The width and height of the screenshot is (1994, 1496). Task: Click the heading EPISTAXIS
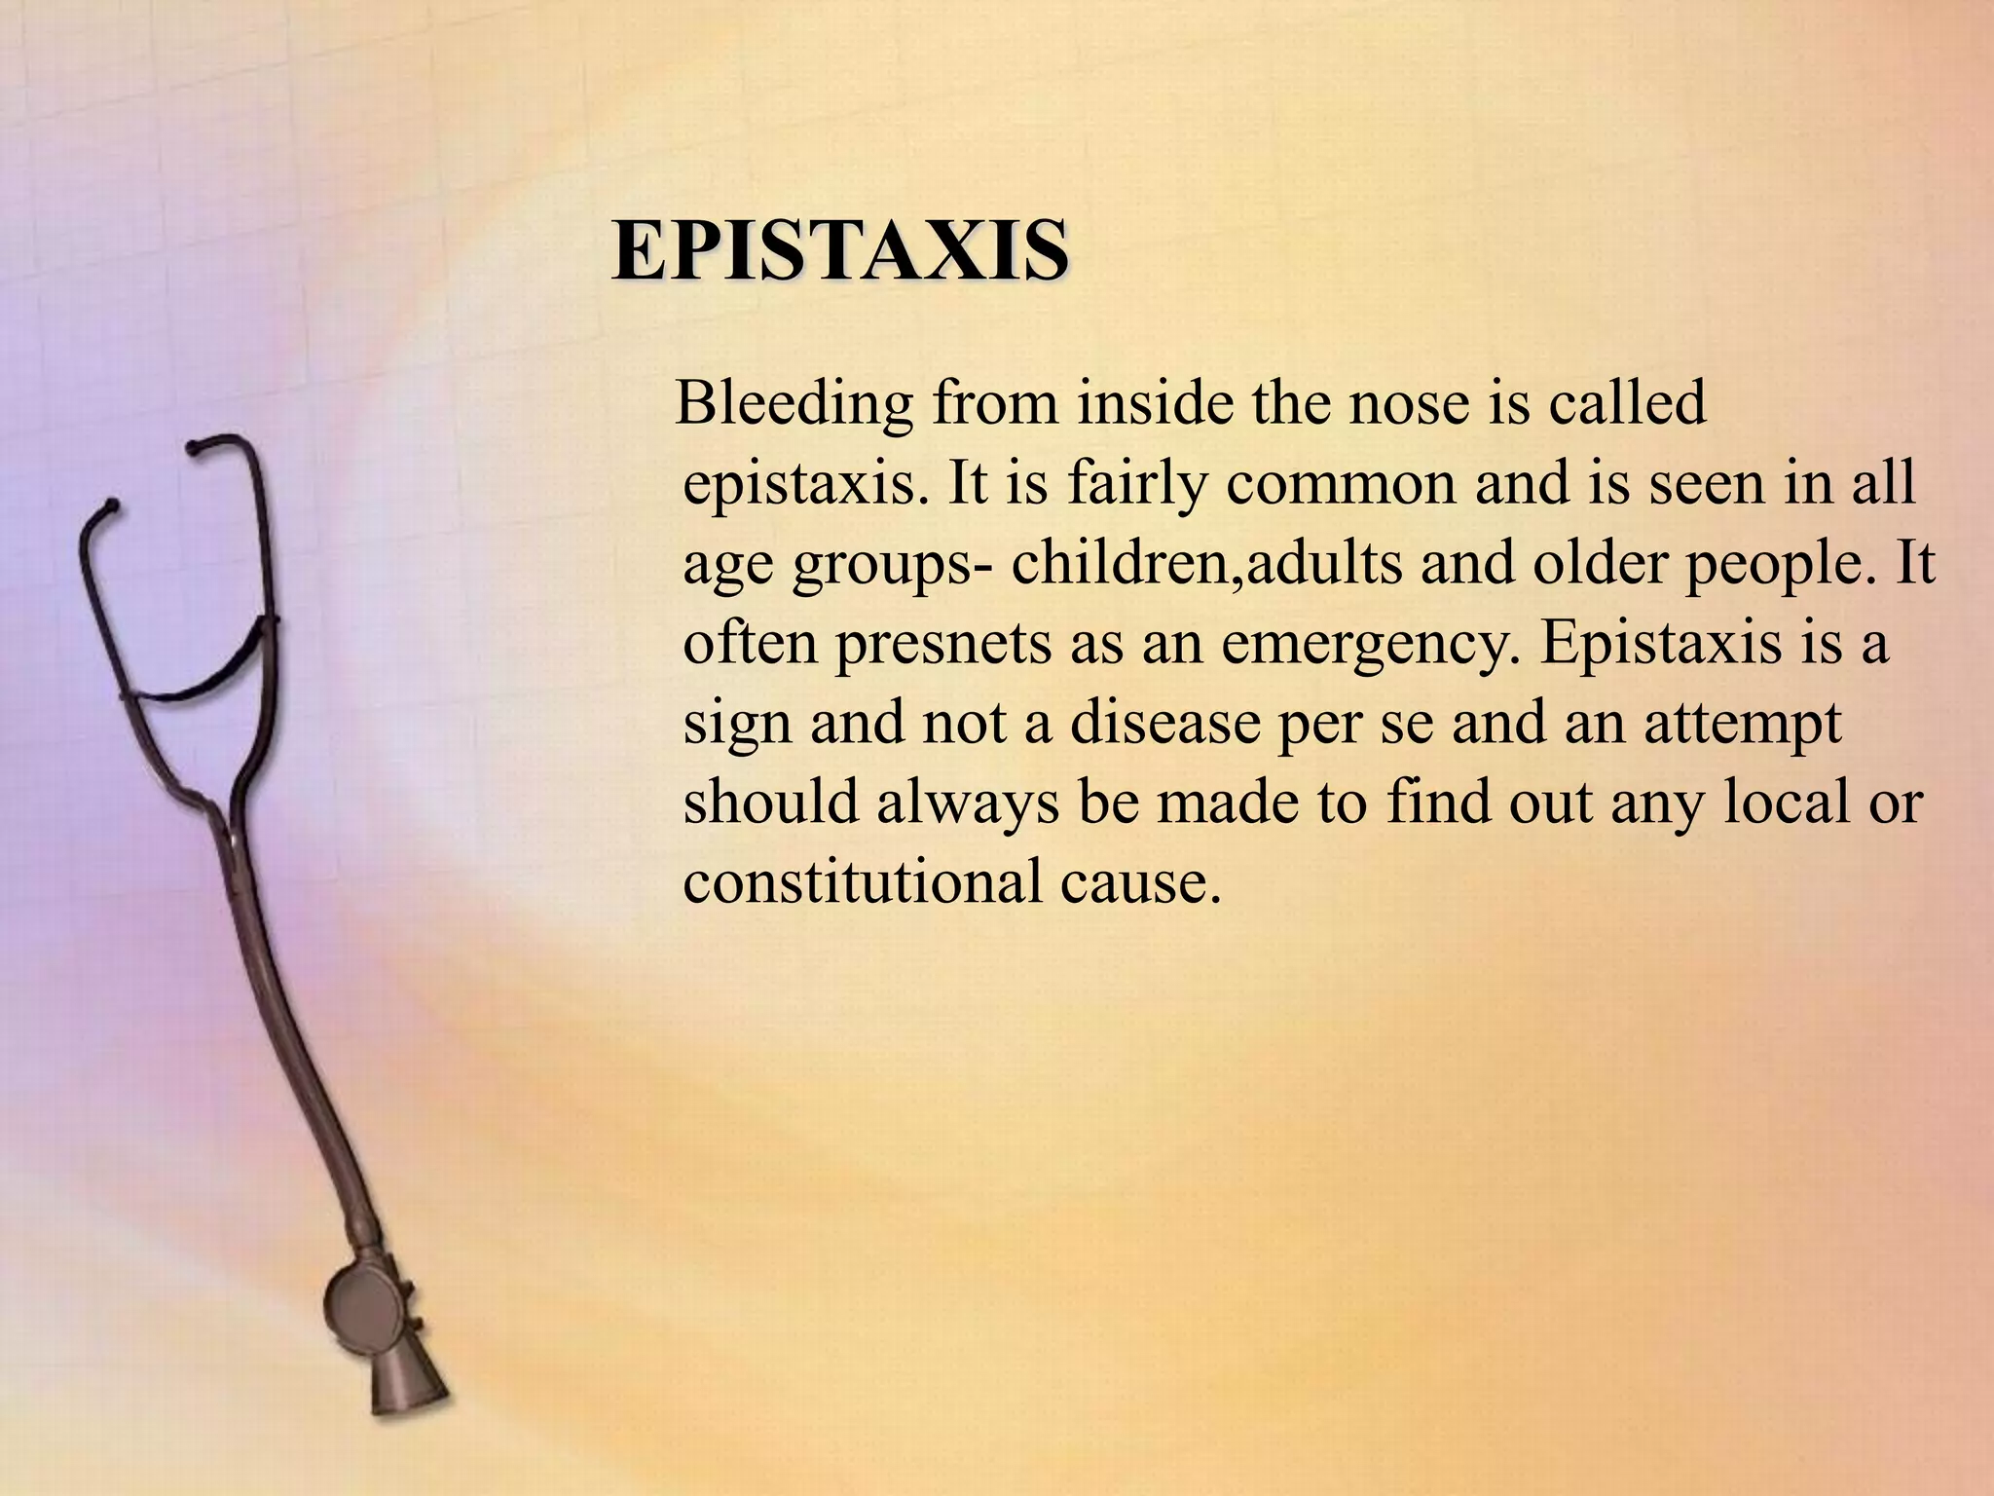click(840, 251)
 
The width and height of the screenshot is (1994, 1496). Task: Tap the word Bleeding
click(794, 402)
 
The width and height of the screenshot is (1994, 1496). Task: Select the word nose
click(1408, 402)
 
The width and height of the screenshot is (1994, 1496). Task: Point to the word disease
click(1164, 724)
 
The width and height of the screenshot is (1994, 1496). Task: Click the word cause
click(1140, 883)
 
